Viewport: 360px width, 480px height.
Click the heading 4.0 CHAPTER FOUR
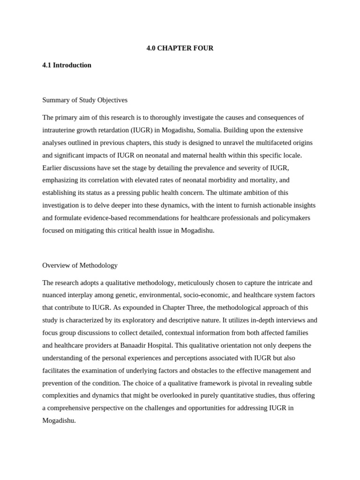[180, 48]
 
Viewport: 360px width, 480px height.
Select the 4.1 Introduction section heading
[67, 65]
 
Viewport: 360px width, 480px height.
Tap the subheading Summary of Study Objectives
[85, 100]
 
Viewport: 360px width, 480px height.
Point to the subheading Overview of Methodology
[80, 265]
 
